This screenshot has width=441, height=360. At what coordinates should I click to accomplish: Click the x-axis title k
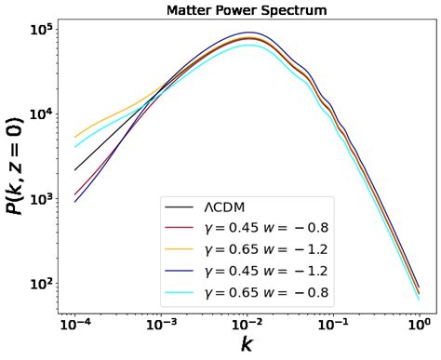coord(247,345)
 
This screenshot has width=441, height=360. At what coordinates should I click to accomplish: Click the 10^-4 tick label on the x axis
coord(75,327)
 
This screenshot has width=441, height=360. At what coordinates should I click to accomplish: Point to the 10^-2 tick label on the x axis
coord(247,327)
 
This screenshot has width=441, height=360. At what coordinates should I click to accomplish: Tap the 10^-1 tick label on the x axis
coord(332,327)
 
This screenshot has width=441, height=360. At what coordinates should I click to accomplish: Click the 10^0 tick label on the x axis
coord(419,327)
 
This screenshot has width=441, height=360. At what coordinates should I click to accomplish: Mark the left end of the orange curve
coord(75,138)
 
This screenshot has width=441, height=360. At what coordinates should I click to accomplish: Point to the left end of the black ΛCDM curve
coord(75,170)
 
